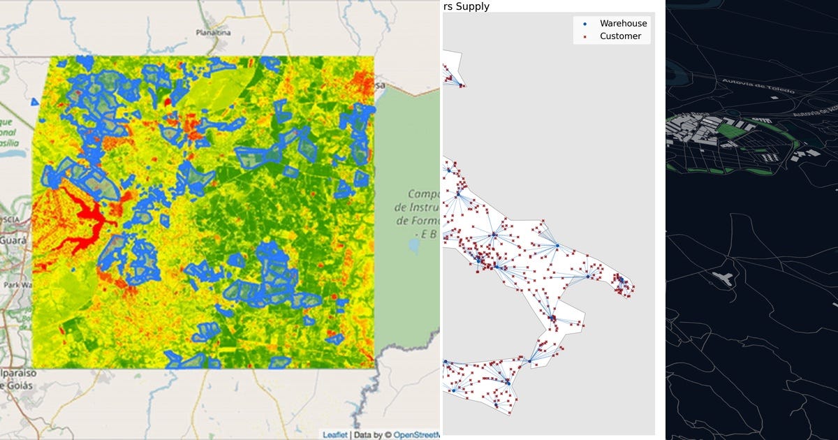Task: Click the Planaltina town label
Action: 214,32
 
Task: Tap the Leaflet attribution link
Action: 335,434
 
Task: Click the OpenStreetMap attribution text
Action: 416,434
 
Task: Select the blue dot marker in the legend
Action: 585,24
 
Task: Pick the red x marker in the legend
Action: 585,36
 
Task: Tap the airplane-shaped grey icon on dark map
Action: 723,278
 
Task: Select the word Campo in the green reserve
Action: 423,193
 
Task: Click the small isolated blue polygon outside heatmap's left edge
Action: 35,102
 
